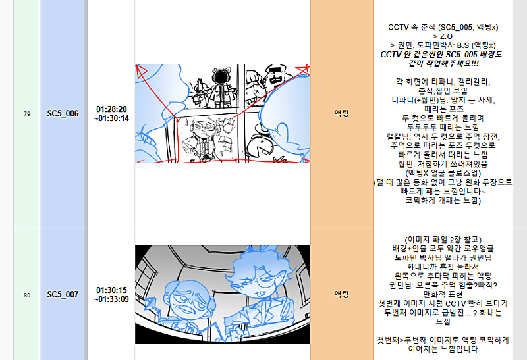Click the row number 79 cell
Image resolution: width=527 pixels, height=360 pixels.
click(27, 114)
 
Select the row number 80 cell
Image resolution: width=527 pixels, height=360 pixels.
click(27, 296)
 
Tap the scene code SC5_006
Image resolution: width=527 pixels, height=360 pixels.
click(63, 114)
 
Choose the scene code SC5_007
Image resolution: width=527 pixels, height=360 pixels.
click(63, 294)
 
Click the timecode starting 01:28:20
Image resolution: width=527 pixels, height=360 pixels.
click(111, 114)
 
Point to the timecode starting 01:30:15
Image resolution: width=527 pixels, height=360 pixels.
click(111, 294)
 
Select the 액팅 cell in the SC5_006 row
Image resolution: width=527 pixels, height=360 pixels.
click(342, 113)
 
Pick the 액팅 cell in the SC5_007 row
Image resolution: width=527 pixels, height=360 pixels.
click(342, 294)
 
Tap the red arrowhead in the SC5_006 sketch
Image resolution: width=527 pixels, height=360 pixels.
click(140, 70)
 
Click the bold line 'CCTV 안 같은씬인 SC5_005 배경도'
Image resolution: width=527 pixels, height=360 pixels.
click(441, 55)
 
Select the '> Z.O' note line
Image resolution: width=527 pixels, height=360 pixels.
click(443, 36)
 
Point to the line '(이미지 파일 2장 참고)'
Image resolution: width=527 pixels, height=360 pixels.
click(443, 240)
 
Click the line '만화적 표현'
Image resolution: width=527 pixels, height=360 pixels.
click(443, 294)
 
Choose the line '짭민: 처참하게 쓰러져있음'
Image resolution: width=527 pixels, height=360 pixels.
click(443, 164)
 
